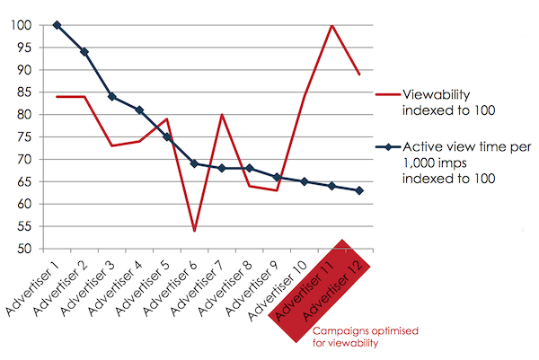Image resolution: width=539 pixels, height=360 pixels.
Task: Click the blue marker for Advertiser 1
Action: click(x=57, y=25)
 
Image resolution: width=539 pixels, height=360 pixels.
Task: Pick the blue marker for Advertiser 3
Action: click(x=111, y=96)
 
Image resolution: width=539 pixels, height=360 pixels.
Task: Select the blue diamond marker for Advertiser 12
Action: click(x=359, y=190)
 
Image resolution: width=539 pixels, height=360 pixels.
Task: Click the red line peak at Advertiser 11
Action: click(x=332, y=25)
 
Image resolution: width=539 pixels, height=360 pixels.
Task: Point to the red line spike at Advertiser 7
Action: click(x=222, y=115)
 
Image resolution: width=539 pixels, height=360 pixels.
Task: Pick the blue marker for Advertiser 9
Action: click(x=277, y=177)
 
